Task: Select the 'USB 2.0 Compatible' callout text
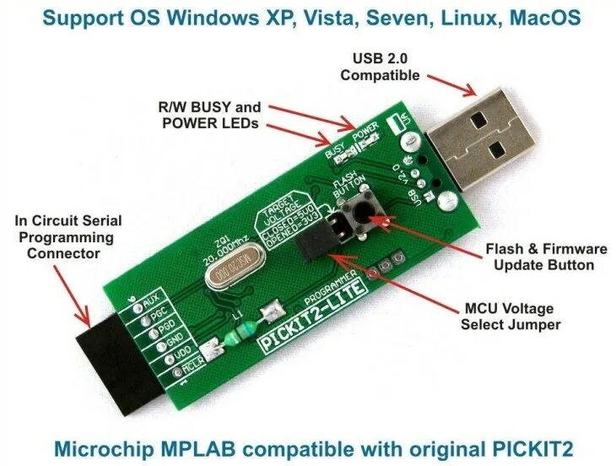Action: click(379, 66)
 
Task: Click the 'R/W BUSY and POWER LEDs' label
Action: click(209, 115)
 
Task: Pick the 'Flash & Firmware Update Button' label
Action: click(546, 257)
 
